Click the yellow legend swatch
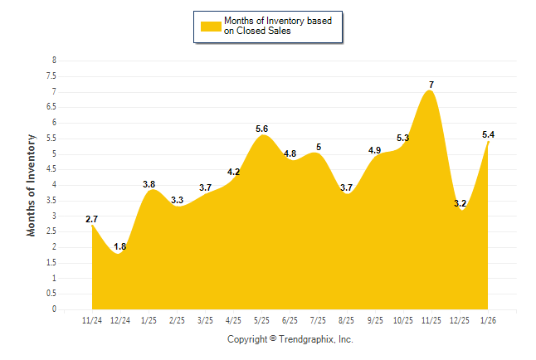(210, 26)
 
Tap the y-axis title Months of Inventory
(32, 185)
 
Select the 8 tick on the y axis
(54, 61)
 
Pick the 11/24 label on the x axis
(92, 320)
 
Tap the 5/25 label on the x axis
(262, 320)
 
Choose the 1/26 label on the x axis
(489, 320)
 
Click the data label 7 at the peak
(431, 85)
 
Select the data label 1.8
(120, 246)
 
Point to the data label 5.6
(262, 129)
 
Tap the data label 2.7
(92, 219)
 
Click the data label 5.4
(489, 134)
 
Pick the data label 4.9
(375, 150)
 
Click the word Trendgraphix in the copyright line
(309, 339)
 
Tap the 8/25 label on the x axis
(347, 320)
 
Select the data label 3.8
(149, 184)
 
